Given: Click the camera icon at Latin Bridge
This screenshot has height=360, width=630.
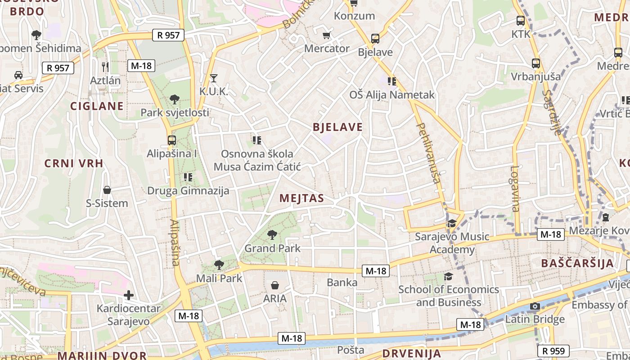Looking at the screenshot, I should coord(535,306).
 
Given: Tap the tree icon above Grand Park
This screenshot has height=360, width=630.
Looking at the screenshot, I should coord(272,234).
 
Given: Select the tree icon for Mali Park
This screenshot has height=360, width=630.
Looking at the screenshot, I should coord(219,265).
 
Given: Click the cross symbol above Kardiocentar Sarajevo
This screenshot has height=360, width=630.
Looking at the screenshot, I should coord(129,295).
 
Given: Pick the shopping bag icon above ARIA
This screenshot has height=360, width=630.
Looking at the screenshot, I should coord(275,285).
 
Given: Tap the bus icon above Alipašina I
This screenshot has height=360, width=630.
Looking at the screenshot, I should coord(171,140).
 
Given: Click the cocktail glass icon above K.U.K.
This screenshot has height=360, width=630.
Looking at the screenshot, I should coord(214,78).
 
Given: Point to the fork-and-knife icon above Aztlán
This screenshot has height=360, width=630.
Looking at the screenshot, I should coord(105,67).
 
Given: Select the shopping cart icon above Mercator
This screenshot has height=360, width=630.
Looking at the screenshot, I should coord(327,35).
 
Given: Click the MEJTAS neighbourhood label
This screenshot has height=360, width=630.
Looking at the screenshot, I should coord(301,198).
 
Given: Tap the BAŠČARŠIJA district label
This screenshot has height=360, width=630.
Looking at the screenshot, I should coord(577,263).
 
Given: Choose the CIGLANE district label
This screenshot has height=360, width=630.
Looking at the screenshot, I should coord(97,106).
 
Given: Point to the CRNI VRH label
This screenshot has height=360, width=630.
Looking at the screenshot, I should coord(74,163).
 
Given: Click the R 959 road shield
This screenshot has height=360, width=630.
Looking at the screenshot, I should coord(553,351).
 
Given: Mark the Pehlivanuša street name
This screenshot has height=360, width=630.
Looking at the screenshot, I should coord(428,153).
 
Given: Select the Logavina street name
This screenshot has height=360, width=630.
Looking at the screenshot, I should coord(515,189).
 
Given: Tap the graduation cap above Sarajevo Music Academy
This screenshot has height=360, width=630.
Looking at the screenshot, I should coord(451,223).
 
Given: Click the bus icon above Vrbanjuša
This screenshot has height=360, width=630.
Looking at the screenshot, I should coord(535,63).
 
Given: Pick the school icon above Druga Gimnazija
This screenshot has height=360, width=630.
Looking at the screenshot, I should coord(188,177).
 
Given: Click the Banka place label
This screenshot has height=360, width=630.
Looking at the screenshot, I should coord(342,283).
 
